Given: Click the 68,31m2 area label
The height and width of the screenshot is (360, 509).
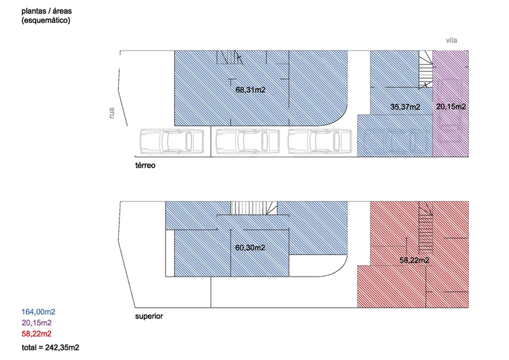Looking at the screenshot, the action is [250, 89].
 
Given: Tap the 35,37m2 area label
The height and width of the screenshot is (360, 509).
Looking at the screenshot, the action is [405, 107].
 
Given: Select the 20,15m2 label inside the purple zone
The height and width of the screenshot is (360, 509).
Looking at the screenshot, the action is [451, 106].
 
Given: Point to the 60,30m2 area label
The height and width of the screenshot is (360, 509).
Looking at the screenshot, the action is [250, 248].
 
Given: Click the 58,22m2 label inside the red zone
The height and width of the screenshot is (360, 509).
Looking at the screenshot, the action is [414, 260].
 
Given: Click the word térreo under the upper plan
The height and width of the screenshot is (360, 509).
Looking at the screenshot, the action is [145, 166].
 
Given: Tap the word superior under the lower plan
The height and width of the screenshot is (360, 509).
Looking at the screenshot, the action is [149, 316].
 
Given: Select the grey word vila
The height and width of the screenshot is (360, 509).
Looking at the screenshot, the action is [451, 40].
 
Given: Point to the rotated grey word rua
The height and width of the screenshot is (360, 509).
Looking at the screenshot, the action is [112, 113].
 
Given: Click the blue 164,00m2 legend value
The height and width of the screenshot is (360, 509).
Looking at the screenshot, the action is [38, 312].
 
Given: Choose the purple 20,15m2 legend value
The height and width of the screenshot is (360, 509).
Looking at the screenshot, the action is [37, 323].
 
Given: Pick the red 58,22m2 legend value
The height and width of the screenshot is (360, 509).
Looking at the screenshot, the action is [37, 334].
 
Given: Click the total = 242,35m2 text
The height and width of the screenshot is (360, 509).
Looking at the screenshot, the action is [50, 348].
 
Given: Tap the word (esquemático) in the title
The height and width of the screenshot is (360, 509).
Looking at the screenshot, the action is [46, 20].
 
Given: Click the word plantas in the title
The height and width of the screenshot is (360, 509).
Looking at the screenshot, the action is [34, 11].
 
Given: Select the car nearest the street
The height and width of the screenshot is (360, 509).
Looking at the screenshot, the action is [171, 141].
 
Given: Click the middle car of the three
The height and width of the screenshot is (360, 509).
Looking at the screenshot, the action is [247, 141].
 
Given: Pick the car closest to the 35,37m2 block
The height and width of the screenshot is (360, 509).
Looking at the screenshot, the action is [320, 141].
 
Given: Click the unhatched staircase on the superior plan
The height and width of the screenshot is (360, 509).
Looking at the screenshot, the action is [254, 208].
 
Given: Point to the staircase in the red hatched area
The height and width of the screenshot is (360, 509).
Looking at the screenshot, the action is [426, 227].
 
